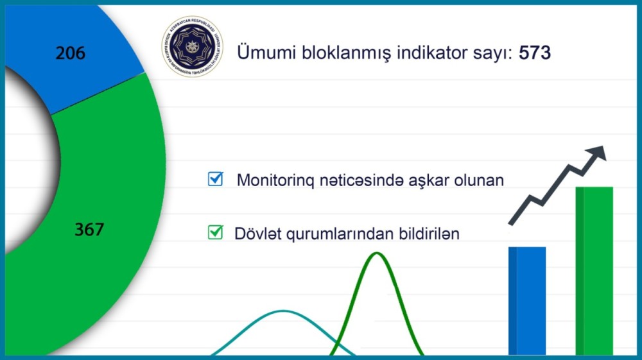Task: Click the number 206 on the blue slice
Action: coord(70,53)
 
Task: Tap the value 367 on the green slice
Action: coord(89,229)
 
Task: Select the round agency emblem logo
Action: coord(192,46)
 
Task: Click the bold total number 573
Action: coord(535,53)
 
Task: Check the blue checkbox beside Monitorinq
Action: coord(215,179)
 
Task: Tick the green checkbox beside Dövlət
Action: coord(215,232)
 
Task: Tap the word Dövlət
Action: coord(255,233)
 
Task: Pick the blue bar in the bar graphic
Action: coord(527,300)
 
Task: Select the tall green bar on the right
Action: coord(594,270)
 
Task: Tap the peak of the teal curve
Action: coord(282,311)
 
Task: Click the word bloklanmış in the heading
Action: coord(345,53)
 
